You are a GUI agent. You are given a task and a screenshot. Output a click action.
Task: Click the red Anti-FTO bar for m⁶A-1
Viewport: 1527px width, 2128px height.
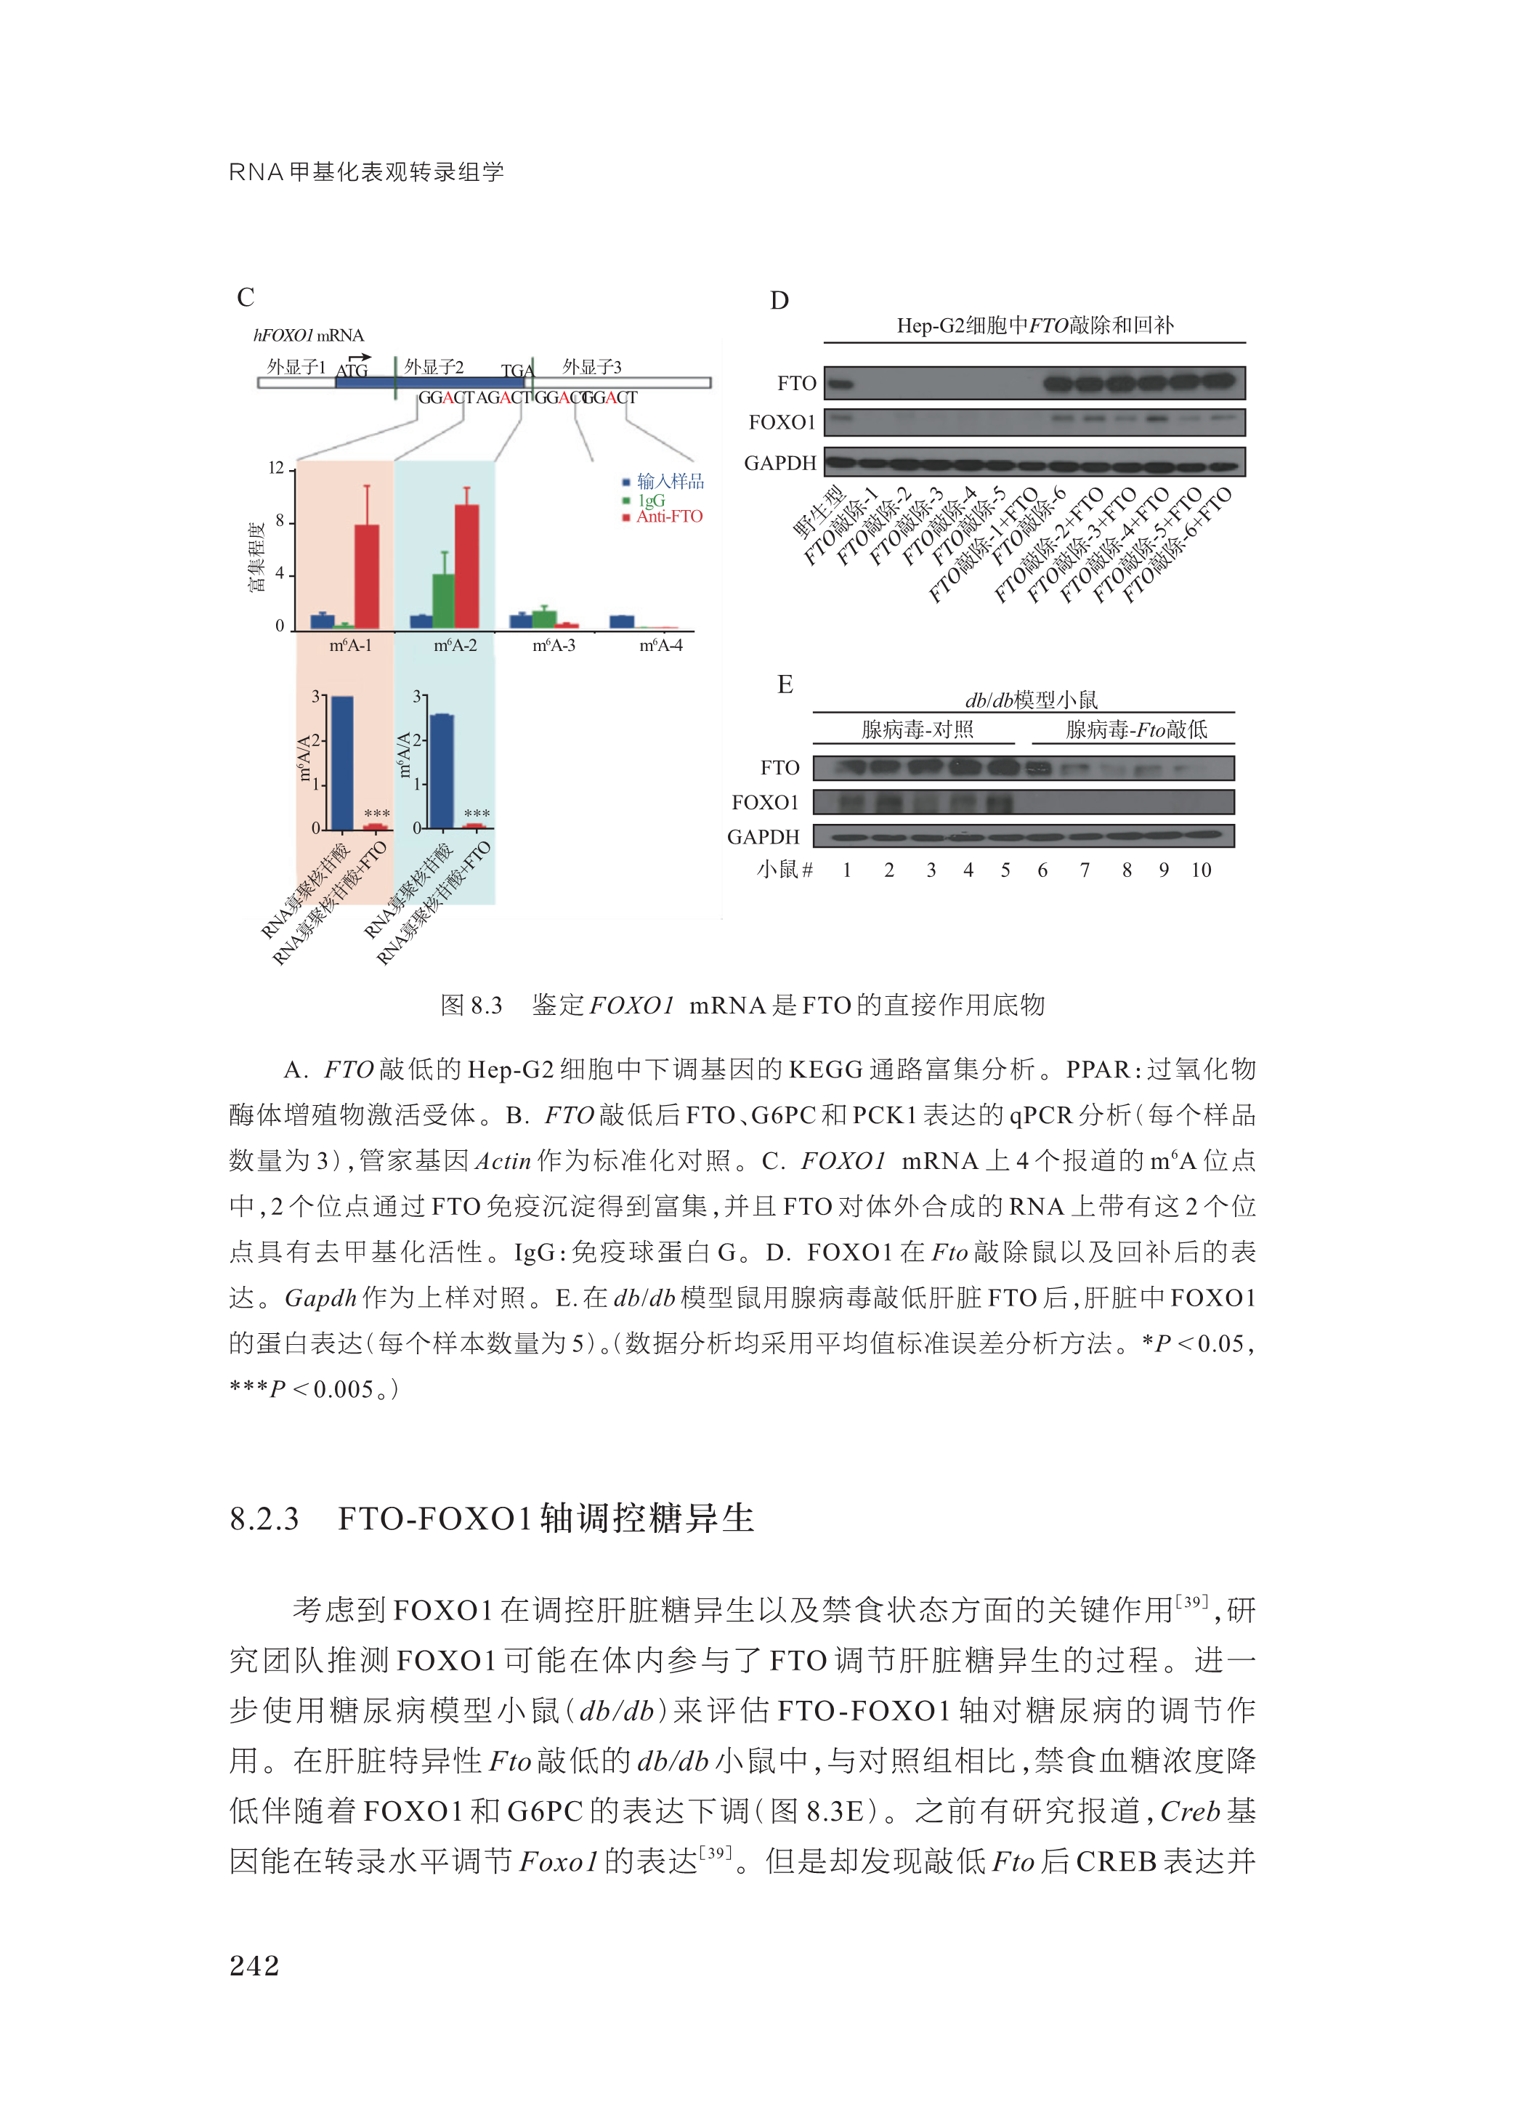point(367,576)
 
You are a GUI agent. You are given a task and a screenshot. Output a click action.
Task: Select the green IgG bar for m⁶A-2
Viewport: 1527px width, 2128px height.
point(442,601)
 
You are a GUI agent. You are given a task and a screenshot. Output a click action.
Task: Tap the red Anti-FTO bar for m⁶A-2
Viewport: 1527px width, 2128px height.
point(466,567)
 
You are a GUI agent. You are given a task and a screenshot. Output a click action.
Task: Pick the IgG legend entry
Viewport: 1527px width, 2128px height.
point(651,500)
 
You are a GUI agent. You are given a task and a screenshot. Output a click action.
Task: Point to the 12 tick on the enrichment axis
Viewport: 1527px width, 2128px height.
point(276,468)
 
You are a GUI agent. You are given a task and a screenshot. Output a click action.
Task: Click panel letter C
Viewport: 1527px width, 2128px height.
point(246,297)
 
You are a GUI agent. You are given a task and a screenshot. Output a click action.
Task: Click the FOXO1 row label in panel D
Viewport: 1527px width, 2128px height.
point(782,423)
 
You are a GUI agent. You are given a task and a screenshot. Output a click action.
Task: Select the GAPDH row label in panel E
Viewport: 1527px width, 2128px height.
point(763,837)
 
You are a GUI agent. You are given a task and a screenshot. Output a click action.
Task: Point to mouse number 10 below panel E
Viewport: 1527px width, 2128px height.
point(1202,870)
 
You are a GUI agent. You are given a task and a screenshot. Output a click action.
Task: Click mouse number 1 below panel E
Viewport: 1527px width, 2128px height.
point(846,870)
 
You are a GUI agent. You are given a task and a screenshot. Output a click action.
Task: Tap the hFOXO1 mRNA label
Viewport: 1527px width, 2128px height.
point(309,336)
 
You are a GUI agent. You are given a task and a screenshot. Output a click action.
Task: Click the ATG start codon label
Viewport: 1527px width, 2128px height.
point(352,371)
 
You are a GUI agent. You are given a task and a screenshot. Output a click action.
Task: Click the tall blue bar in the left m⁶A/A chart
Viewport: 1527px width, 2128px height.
point(342,763)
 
